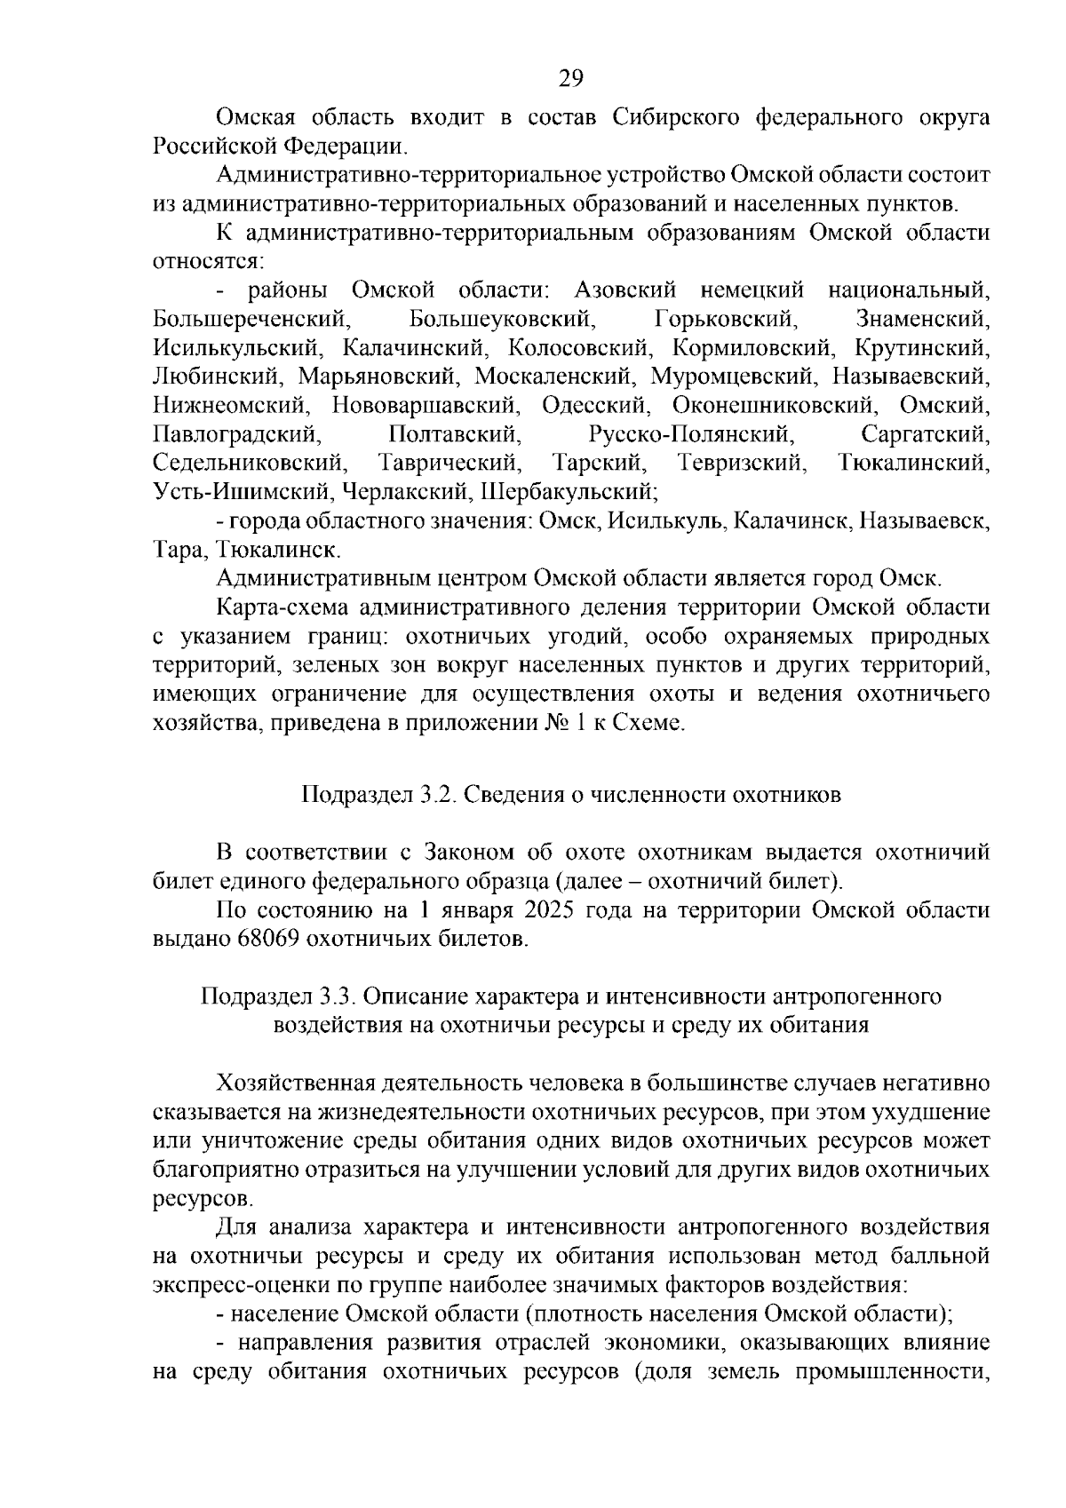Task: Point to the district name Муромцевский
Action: coord(733,377)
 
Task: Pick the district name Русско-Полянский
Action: coord(689,434)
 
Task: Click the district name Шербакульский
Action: coord(569,492)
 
